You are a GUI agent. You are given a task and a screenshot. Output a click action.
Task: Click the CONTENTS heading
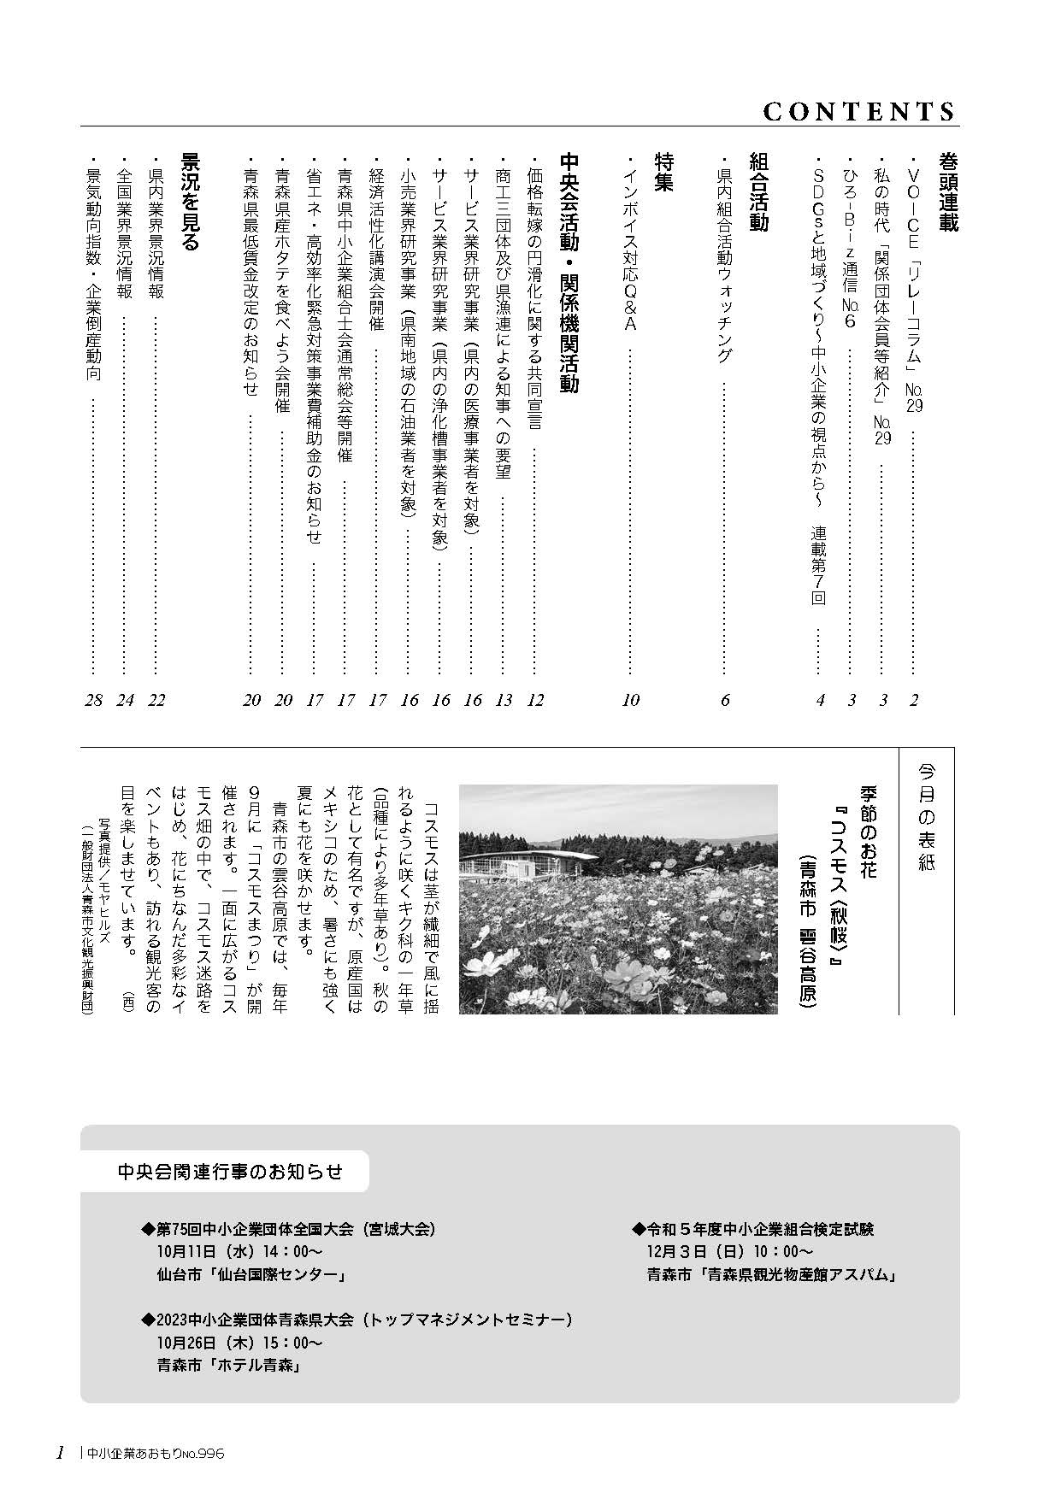click(x=858, y=111)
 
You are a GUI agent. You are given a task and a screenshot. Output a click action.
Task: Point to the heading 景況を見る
click(x=189, y=202)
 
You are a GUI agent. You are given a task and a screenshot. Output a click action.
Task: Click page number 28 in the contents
click(x=94, y=700)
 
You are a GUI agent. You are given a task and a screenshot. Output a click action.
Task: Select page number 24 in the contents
click(x=126, y=700)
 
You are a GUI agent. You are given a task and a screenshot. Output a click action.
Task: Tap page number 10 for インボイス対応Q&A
click(x=631, y=700)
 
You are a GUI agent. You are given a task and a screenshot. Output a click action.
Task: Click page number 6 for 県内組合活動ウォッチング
click(x=725, y=700)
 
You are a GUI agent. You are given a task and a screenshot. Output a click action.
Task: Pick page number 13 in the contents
click(x=504, y=700)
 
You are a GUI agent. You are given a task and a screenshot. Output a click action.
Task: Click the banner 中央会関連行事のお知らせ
click(x=230, y=1171)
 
